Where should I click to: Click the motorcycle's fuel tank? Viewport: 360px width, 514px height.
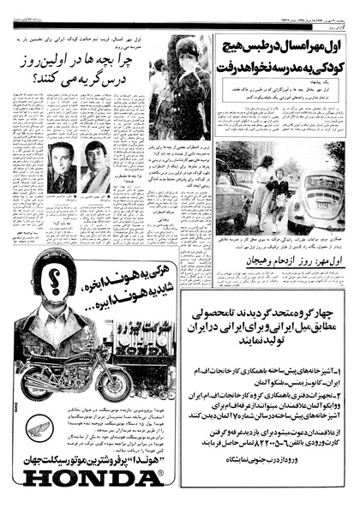pos(60,353)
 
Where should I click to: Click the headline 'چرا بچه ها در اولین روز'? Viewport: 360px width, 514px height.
pos(81,59)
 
